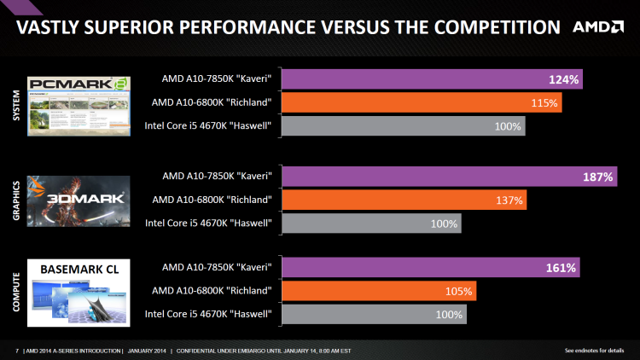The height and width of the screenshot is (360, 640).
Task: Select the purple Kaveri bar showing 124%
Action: (432, 79)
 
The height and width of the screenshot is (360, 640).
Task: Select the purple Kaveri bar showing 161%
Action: (430, 268)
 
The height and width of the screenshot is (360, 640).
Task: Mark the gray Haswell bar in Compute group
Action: (374, 315)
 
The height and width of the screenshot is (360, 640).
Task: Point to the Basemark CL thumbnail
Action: (79, 292)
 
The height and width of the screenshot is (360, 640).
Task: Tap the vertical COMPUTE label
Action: (15, 291)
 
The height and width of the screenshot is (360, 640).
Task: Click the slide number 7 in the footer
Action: (17, 351)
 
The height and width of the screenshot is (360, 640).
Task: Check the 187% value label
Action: (598, 177)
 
